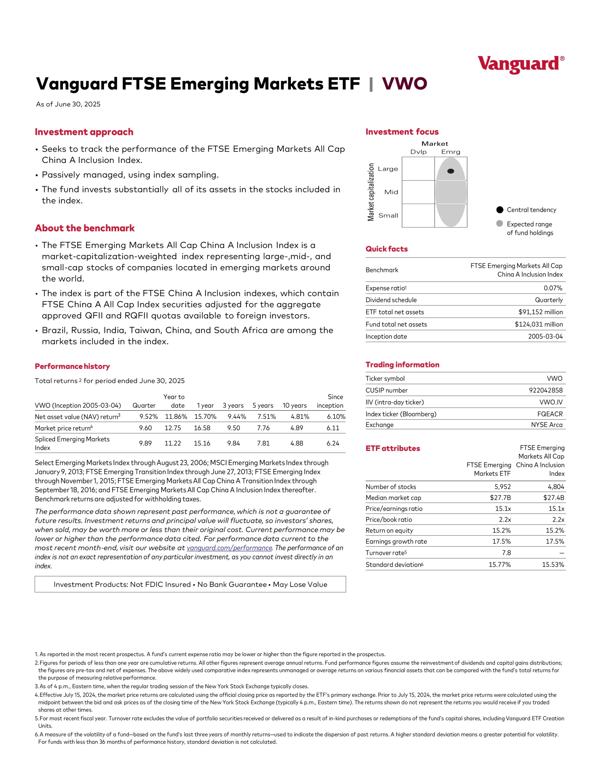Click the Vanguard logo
coord(521,65)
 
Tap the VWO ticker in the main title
coord(404,84)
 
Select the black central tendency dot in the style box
coord(450,171)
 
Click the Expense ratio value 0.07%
coord(553,288)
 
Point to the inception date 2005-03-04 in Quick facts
coord(545,336)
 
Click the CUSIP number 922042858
coord(545,390)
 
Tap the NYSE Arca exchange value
coord(547,425)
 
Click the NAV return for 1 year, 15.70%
coord(205,416)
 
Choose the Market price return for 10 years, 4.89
coord(297,428)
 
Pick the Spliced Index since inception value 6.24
coord(333,443)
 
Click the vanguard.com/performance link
coord(229,548)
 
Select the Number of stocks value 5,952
coord(503,487)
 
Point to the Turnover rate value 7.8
coord(506,553)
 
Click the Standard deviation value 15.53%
coord(553,565)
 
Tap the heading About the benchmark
coord(85,228)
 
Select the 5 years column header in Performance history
coord(263,406)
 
